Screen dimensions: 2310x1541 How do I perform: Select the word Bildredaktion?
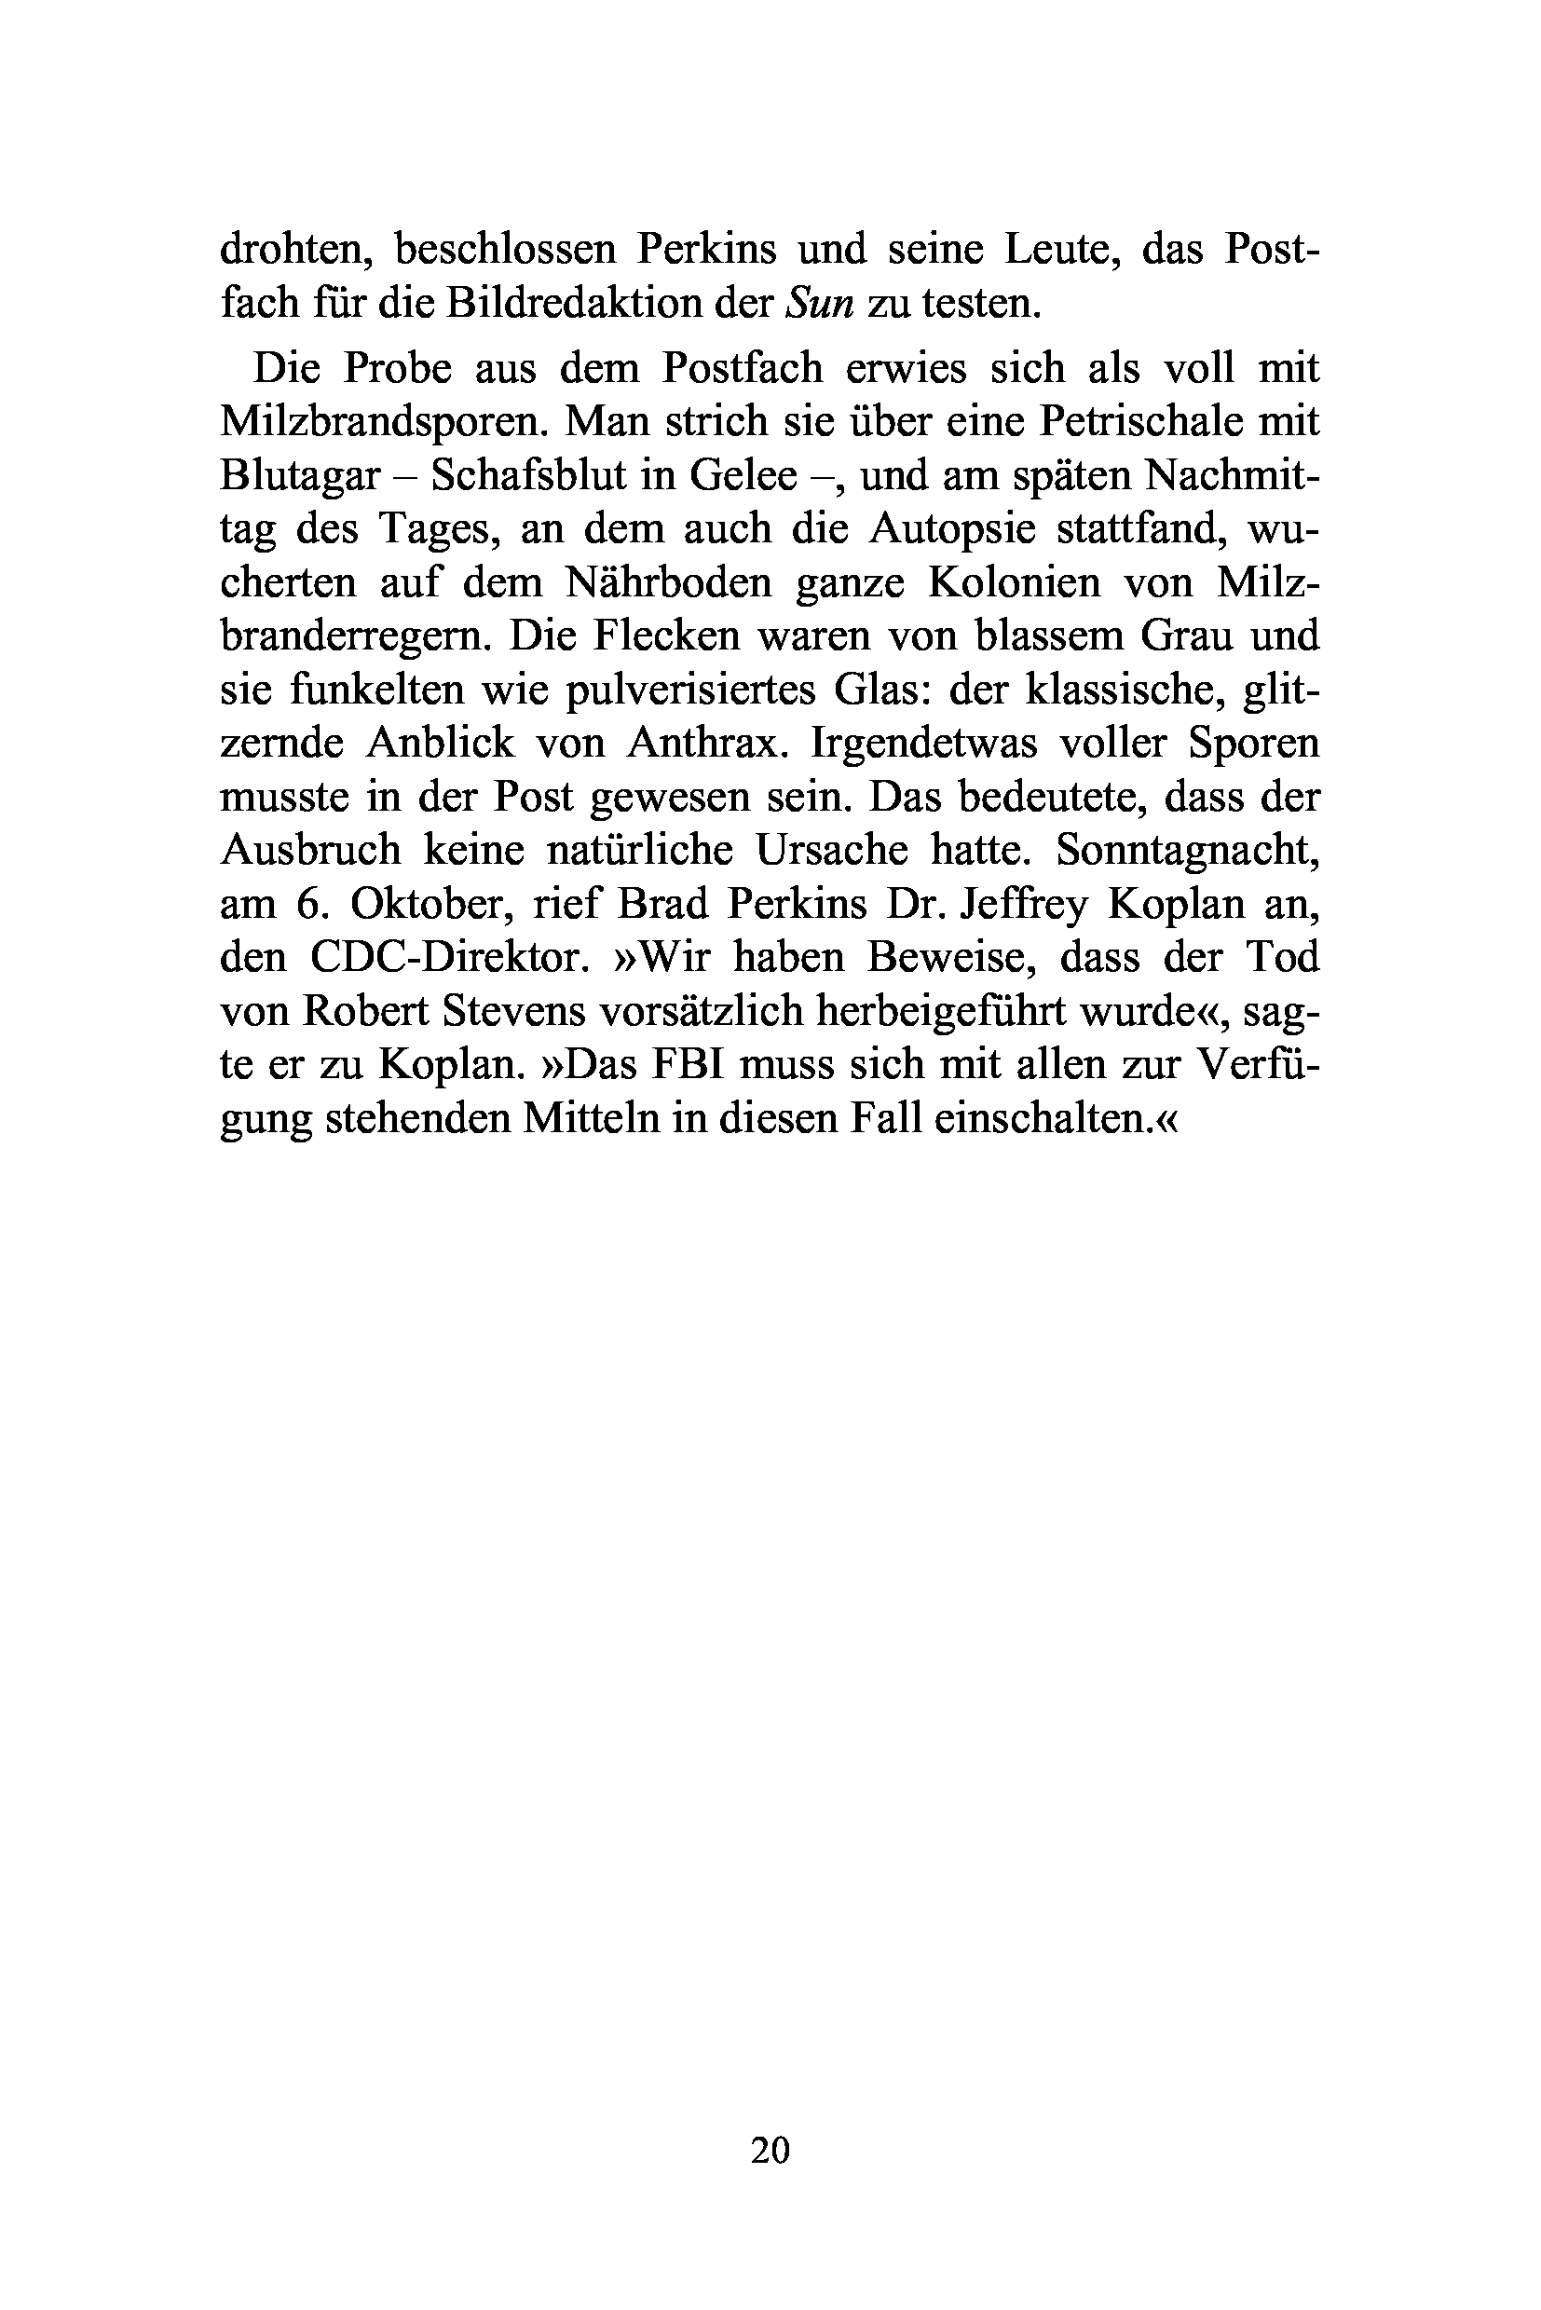(x=579, y=304)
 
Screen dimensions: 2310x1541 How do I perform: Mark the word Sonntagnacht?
(x=1186, y=849)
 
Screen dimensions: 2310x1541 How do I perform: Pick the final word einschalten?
(x=1051, y=1117)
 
